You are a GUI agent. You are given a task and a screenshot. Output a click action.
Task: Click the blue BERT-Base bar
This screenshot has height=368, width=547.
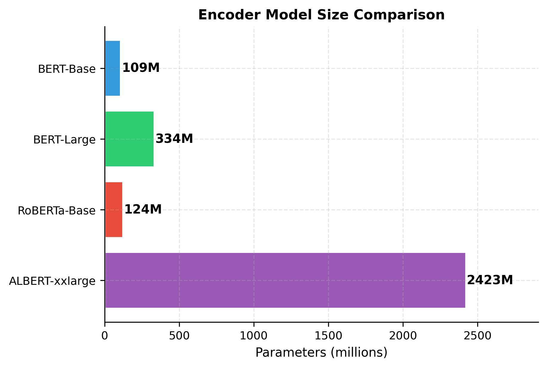[113, 68]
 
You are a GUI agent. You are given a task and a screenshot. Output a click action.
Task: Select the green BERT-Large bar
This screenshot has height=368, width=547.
[129, 139]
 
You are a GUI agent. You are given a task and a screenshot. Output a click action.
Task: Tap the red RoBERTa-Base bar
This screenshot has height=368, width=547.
[114, 210]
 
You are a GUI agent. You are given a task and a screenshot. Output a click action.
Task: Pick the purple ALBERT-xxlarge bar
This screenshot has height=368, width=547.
[285, 280]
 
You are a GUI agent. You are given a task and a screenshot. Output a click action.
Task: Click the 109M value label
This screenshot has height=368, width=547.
[141, 68]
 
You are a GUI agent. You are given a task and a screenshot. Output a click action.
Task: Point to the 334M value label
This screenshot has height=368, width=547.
[174, 139]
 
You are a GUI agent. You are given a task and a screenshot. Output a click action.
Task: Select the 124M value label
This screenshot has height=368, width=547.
[143, 209]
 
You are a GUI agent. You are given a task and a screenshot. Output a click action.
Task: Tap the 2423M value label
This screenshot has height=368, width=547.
[490, 280]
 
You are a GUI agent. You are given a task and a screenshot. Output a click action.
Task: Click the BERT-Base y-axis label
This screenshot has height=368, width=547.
[67, 69]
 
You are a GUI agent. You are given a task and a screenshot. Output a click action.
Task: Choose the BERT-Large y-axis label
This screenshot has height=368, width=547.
[64, 140]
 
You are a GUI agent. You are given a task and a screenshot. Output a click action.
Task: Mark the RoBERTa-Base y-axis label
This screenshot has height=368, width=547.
[57, 211]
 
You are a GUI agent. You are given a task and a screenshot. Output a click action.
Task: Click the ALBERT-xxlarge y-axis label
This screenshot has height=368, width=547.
[52, 281]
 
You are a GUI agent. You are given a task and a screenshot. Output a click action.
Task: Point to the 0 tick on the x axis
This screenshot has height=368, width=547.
[105, 335]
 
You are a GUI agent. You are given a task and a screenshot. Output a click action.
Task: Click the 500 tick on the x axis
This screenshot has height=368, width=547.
[179, 335]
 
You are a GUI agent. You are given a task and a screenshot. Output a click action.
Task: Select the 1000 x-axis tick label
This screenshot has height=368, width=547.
[254, 335]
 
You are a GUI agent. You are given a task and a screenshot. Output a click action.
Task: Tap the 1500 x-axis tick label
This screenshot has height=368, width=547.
[328, 335]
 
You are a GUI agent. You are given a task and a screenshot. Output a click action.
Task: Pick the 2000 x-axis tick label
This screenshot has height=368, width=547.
[403, 335]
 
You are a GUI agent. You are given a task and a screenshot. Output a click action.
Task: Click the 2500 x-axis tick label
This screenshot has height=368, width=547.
[478, 335]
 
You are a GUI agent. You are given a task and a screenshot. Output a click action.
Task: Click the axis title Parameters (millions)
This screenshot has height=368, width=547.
[322, 353]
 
